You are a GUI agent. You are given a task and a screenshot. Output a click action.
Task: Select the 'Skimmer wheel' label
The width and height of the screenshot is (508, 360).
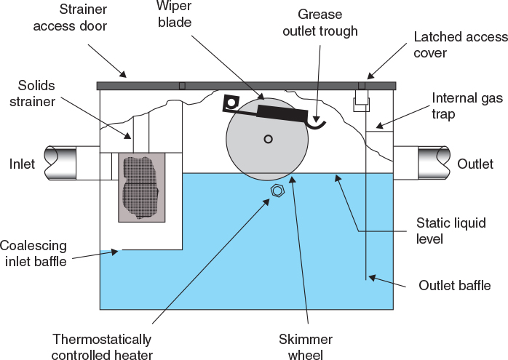click(306, 347)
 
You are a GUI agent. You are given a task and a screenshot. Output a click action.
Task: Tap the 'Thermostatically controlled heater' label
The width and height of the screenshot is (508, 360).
click(102, 347)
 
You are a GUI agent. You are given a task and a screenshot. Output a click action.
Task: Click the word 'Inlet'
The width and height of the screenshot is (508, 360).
click(22, 164)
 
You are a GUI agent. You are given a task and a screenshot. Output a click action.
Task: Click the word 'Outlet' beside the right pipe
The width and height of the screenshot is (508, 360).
click(475, 164)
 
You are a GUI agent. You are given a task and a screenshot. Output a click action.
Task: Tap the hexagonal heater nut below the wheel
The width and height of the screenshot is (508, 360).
click(277, 191)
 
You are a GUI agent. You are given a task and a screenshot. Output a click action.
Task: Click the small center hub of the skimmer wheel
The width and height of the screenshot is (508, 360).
click(269, 139)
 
